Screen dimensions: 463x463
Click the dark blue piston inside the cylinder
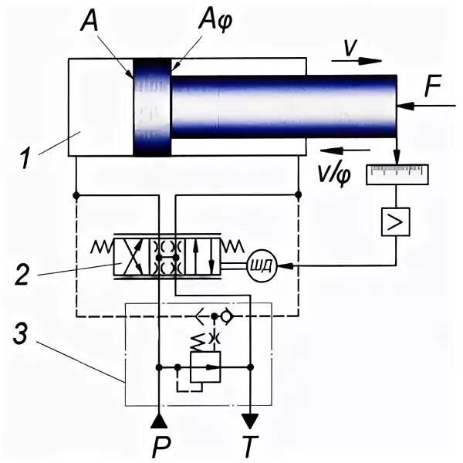151,107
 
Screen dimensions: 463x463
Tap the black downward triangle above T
250,421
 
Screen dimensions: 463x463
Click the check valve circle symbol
226,316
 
